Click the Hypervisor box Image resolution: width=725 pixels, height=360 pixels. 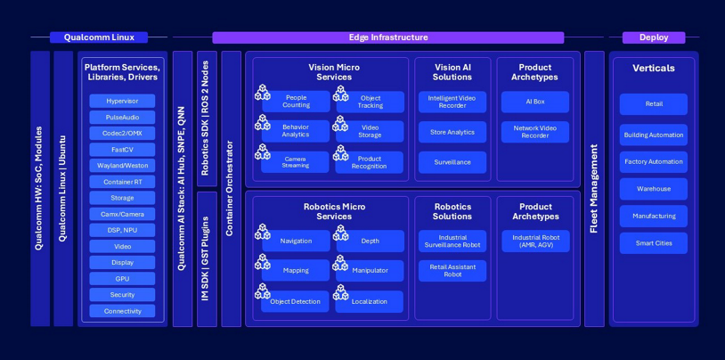point(122,102)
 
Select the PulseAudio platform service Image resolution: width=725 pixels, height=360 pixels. point(122,118)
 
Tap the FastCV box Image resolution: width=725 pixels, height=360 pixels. point(122,150)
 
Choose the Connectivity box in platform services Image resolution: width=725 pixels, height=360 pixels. point(122,311)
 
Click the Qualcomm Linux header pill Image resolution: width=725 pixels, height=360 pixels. point(98,37)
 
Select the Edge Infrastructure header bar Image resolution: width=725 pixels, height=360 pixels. point(387,37)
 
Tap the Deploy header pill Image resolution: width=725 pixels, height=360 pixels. point(653,37)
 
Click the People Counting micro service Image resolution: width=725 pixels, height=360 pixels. point(296,102)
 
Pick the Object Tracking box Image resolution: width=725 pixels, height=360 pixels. point(371,102)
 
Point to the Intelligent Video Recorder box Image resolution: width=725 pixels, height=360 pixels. point(452,102)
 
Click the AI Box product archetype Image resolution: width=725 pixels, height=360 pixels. point(534,102)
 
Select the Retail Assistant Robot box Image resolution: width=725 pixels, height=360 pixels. point(452,271)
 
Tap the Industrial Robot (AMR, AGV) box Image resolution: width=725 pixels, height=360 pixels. point(534,241)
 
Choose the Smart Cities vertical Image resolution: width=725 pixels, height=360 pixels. point(653,242)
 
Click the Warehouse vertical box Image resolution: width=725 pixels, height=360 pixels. point(653,189)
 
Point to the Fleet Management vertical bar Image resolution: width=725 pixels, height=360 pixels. point(594,189)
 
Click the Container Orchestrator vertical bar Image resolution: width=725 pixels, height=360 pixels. point(231,189)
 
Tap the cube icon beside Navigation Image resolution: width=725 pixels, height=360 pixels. point(263,233)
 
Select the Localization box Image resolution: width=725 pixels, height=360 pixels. point(369,301)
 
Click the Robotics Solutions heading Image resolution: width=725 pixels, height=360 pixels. point(452,211)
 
